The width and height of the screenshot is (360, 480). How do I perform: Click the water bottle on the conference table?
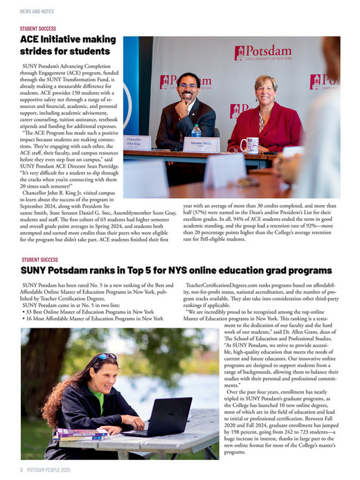[x=196, y=132]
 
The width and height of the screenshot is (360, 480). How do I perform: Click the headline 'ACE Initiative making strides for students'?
[x=65, y=46]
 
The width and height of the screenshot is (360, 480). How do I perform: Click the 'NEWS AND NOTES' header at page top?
[x=38, y=12]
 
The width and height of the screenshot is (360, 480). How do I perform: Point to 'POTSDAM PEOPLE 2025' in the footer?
[x=56, y=469]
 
